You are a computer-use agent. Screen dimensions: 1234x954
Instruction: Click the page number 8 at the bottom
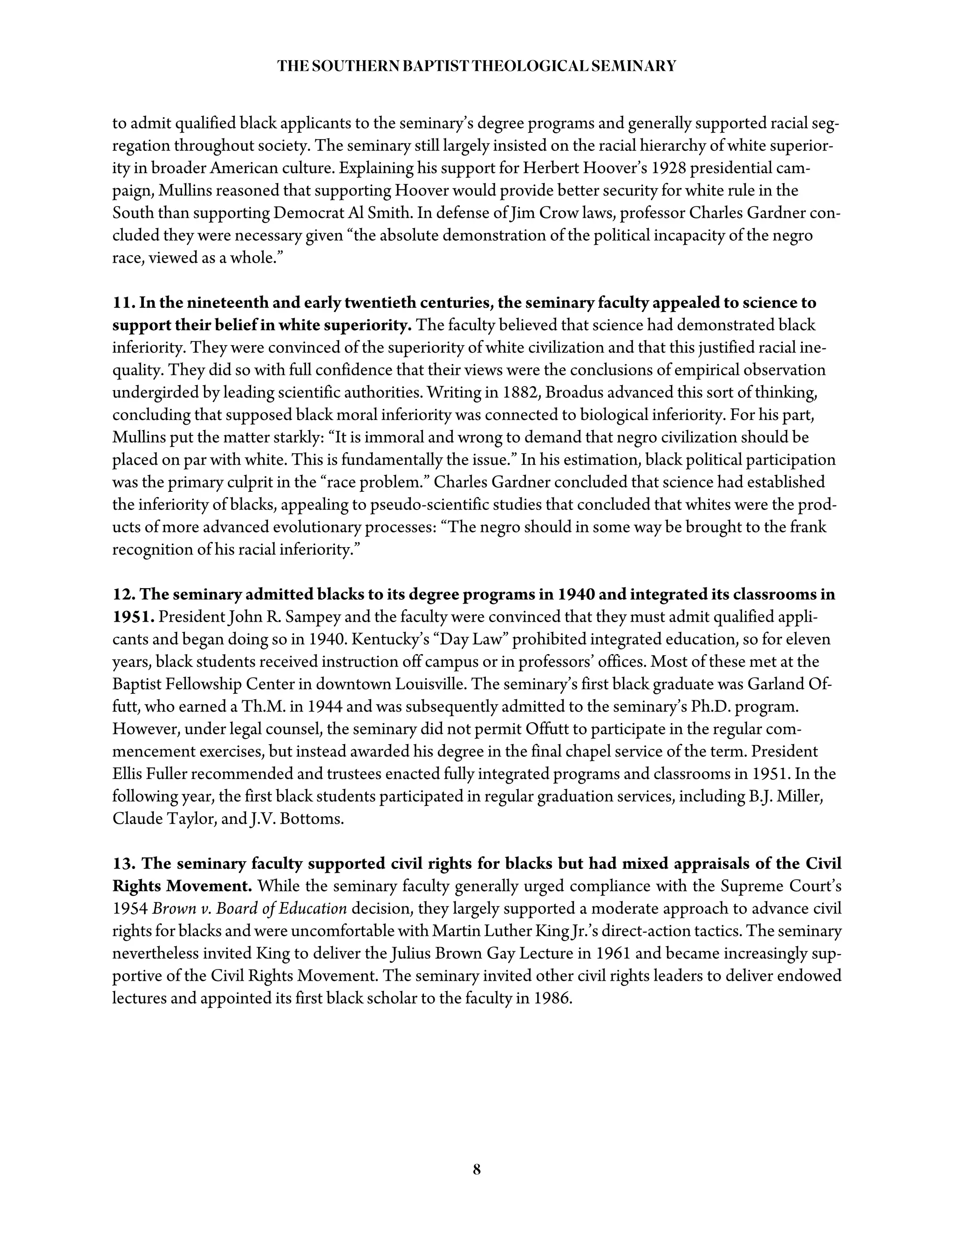coord(477,1169)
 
